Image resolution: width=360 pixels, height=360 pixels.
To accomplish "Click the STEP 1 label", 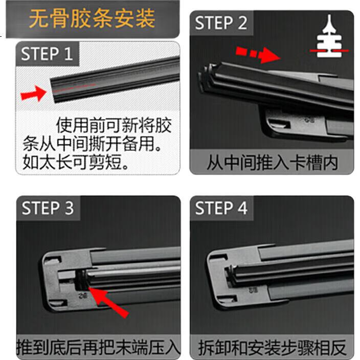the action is (47, 54).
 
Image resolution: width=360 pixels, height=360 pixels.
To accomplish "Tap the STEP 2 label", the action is (221, 22).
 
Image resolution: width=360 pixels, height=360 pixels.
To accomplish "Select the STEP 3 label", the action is (48, 208).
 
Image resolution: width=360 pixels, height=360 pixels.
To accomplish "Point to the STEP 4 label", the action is (221, 208).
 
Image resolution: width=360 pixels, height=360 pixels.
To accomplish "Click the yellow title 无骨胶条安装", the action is (92, 18).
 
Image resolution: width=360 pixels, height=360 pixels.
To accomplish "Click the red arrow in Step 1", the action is (34, 93).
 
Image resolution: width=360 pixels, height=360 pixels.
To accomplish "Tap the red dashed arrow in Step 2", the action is (258, 54).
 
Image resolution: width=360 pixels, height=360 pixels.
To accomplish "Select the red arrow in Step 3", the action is (108, 302).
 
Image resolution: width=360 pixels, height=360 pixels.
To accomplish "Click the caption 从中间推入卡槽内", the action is (272, 163).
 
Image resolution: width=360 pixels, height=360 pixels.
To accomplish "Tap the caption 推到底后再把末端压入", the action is (98, 347).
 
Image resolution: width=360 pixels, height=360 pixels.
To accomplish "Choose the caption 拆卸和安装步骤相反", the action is (272, 347).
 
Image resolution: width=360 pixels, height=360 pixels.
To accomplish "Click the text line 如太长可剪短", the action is (76, 162).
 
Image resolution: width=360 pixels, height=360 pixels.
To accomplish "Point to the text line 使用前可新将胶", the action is (114, 125).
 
